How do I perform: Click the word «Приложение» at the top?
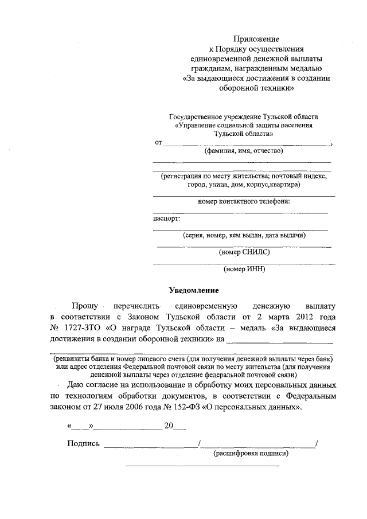(x=256, y=39)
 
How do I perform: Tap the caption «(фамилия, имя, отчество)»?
(x=244, y=151)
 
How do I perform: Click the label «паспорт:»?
(x=166, y=218)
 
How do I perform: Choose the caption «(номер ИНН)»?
(x=244, y=268)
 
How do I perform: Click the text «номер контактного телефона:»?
(x=244, y=201)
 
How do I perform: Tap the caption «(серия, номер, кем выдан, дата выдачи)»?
(x=244, y=235)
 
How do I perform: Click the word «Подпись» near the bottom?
(x=84, y=443)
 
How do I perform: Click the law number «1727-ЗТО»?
(x=81, y=327)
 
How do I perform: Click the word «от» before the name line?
(x=158, y=142)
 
